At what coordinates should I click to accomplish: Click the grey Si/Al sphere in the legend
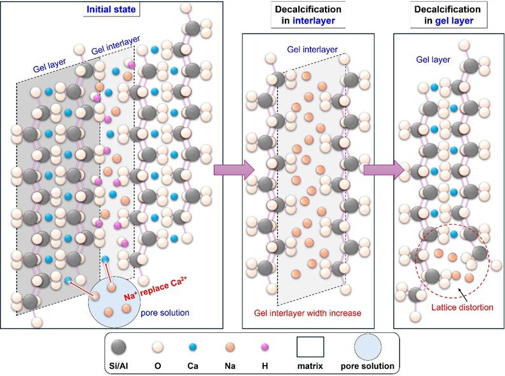(x=118, y=347)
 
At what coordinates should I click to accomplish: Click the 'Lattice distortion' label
(x=452, y=308)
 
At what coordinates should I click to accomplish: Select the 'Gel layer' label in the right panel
(x=433, y=60)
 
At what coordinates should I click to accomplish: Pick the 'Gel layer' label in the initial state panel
(x=50, y=62)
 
